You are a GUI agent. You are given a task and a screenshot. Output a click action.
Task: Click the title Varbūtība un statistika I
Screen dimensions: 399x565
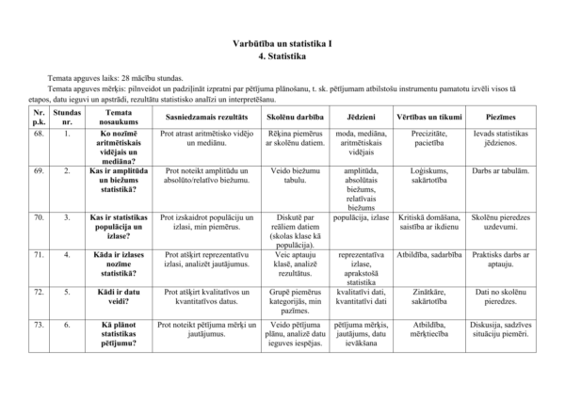click(282, 43)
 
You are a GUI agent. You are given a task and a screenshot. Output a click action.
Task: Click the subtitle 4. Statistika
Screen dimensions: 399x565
click(282, 56)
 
